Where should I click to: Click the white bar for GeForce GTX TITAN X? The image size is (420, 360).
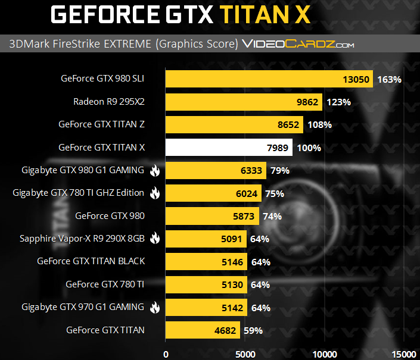(228, 148)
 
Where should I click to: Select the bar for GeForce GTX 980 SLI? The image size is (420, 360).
(268, 79)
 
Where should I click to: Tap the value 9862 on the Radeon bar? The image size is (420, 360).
(307, 102)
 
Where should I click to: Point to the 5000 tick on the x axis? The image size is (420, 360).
(245, 353)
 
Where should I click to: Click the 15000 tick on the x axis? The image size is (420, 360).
(405, 353)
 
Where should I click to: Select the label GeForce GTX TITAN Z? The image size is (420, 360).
(102, 124)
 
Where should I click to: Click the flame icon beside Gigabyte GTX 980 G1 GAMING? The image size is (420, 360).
(155, 171)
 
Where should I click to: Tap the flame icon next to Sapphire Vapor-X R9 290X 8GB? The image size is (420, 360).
(155, 239)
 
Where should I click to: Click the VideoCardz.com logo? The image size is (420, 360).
(298, 44)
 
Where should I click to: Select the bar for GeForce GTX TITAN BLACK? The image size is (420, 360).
(206, 262)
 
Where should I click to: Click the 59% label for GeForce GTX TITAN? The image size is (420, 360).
(253, 330)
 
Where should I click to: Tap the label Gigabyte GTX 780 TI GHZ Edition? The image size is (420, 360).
(79, 193)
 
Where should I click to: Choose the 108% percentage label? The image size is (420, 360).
(319, 125)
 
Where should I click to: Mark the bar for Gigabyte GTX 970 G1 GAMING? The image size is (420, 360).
(206, 308)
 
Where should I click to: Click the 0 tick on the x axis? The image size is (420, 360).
(166, 353)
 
